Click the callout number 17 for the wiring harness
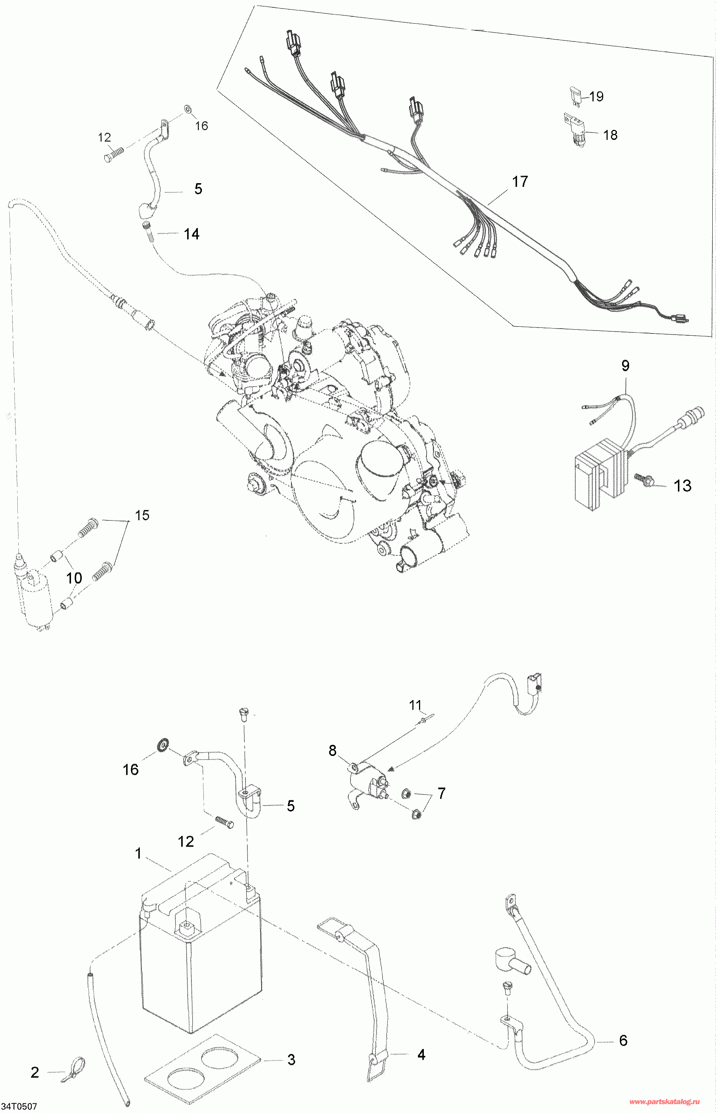pos(520,181)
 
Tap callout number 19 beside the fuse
pos(596,96)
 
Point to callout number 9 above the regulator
pos(625,366)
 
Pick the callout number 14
pos(192,234)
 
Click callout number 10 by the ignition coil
pos(74,578)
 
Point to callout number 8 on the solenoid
pos(332,750)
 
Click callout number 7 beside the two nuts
pos(441,793)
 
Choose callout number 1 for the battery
pos(138,854)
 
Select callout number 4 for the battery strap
pos(421,1055)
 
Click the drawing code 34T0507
pos(19,1106)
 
